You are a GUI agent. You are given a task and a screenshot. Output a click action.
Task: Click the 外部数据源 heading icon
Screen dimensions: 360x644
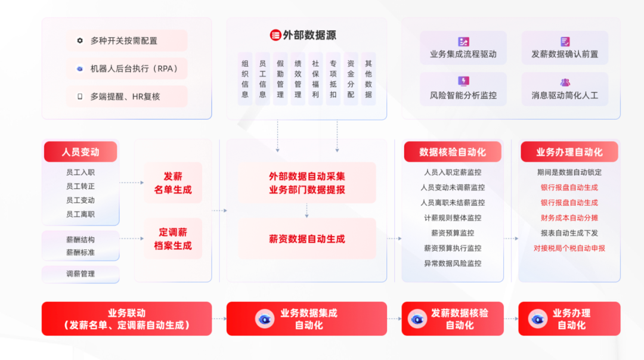coord(275,35)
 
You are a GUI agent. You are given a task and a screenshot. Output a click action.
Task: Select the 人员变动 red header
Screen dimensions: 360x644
coord(80,152)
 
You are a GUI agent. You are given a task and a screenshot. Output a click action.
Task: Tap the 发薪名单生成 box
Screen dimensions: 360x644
coord(173,183)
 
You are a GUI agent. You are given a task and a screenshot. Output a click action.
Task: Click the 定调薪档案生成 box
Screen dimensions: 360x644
coord(173,238)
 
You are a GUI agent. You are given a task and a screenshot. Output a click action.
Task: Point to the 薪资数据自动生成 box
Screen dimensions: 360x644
coord(307,239)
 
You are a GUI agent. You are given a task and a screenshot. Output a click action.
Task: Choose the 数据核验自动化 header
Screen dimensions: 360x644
coord(453,152)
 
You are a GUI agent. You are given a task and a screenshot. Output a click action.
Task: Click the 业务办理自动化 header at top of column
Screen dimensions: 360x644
coord(569,152)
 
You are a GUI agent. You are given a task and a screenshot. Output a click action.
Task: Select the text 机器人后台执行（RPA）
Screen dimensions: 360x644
coord(134,69)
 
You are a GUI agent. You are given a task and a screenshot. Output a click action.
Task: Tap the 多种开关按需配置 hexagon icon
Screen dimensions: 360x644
coord(80,41)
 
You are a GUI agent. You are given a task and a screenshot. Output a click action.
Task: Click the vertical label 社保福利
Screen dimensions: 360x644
coord(315,79)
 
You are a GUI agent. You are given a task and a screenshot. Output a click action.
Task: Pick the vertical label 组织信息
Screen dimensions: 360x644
coord(245,79)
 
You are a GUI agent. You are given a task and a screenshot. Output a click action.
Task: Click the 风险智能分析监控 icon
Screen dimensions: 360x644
coord(463,81)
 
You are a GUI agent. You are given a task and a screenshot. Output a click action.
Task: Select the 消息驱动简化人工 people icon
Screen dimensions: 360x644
coord(565,82)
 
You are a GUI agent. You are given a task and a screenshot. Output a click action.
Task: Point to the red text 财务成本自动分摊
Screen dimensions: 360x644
coord(569,218)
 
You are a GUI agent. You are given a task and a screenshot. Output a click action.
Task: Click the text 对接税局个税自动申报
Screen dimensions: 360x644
coord(569,248)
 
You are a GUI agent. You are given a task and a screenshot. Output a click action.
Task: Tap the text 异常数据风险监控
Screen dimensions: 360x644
coord(453,263)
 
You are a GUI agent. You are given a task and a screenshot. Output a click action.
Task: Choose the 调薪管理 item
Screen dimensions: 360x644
coord(80,274)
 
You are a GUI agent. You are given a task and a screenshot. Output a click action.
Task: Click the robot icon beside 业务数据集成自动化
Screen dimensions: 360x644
coord(265,319)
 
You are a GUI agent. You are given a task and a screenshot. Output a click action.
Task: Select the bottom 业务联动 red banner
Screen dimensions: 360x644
coord(126,319)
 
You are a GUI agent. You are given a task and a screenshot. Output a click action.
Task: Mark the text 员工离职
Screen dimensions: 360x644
coord(80,214)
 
